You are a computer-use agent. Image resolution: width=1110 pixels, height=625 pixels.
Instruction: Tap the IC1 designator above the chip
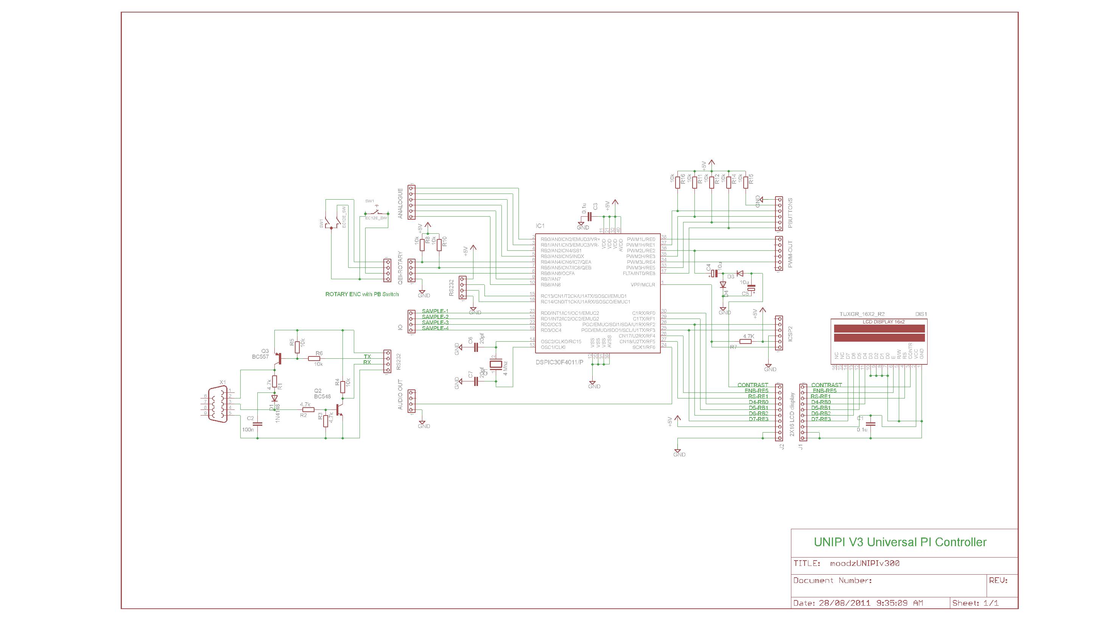(x=540, y=226)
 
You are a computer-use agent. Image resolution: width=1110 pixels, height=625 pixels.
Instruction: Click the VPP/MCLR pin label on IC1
(x=643, y=285)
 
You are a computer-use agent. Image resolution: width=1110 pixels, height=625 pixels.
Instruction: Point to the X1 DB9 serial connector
(x=218, y=404)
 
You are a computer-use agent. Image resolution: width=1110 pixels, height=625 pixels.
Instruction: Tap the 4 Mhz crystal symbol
(x=497, y=364)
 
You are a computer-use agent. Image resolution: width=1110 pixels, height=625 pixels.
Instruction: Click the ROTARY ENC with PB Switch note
(x=361, y=294)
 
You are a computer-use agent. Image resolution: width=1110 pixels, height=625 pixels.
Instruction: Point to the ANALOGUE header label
(x=400, y=203)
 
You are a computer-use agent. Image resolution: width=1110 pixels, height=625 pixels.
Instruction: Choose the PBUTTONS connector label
(x=790, y=213)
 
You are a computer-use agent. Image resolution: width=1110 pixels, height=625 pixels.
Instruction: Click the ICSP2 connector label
(x=790, y=333)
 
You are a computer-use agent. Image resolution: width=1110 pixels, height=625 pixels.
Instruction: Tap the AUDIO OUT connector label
(x=400, y=395)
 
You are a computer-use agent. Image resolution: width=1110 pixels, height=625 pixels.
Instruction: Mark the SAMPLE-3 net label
(x=435, y=322)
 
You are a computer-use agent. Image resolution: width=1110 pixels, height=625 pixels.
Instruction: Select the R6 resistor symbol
(x=314, y=358)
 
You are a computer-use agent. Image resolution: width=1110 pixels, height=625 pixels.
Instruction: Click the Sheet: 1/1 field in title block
(x=975, y=603)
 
